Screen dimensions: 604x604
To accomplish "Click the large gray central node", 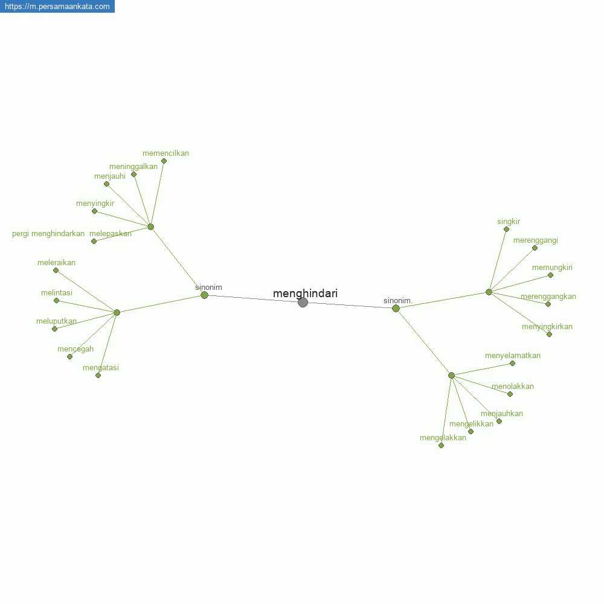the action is (303, 303).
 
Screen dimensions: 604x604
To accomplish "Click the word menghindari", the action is (305, 294).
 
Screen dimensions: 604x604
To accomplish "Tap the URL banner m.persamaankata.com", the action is (57, 6).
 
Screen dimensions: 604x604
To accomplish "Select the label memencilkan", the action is (165, 153).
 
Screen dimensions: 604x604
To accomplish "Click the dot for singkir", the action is (507, 230).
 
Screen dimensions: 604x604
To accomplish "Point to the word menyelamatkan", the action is (513, 356).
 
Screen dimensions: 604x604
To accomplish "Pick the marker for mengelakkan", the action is (442, 446).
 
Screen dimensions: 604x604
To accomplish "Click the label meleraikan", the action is (56, 263).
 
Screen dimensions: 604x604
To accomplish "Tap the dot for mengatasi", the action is (98, 376).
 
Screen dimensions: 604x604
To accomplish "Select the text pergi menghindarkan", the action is (48, 234).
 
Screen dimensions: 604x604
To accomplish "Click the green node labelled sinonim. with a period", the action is (396, 309).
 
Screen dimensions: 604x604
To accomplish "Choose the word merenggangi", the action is (535, 240).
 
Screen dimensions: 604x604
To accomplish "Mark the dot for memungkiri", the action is (550, 275).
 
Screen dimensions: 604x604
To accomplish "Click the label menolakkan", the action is (513, 387).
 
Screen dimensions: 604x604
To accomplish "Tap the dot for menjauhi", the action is (107, 184).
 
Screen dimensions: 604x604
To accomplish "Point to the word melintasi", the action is (57, 293).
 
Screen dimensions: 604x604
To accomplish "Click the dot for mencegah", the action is (69, 357).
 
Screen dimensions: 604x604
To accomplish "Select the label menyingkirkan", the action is (547, 327).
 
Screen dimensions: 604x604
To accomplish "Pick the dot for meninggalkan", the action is (133, 175).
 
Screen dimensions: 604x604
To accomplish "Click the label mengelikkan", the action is (471, 424).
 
